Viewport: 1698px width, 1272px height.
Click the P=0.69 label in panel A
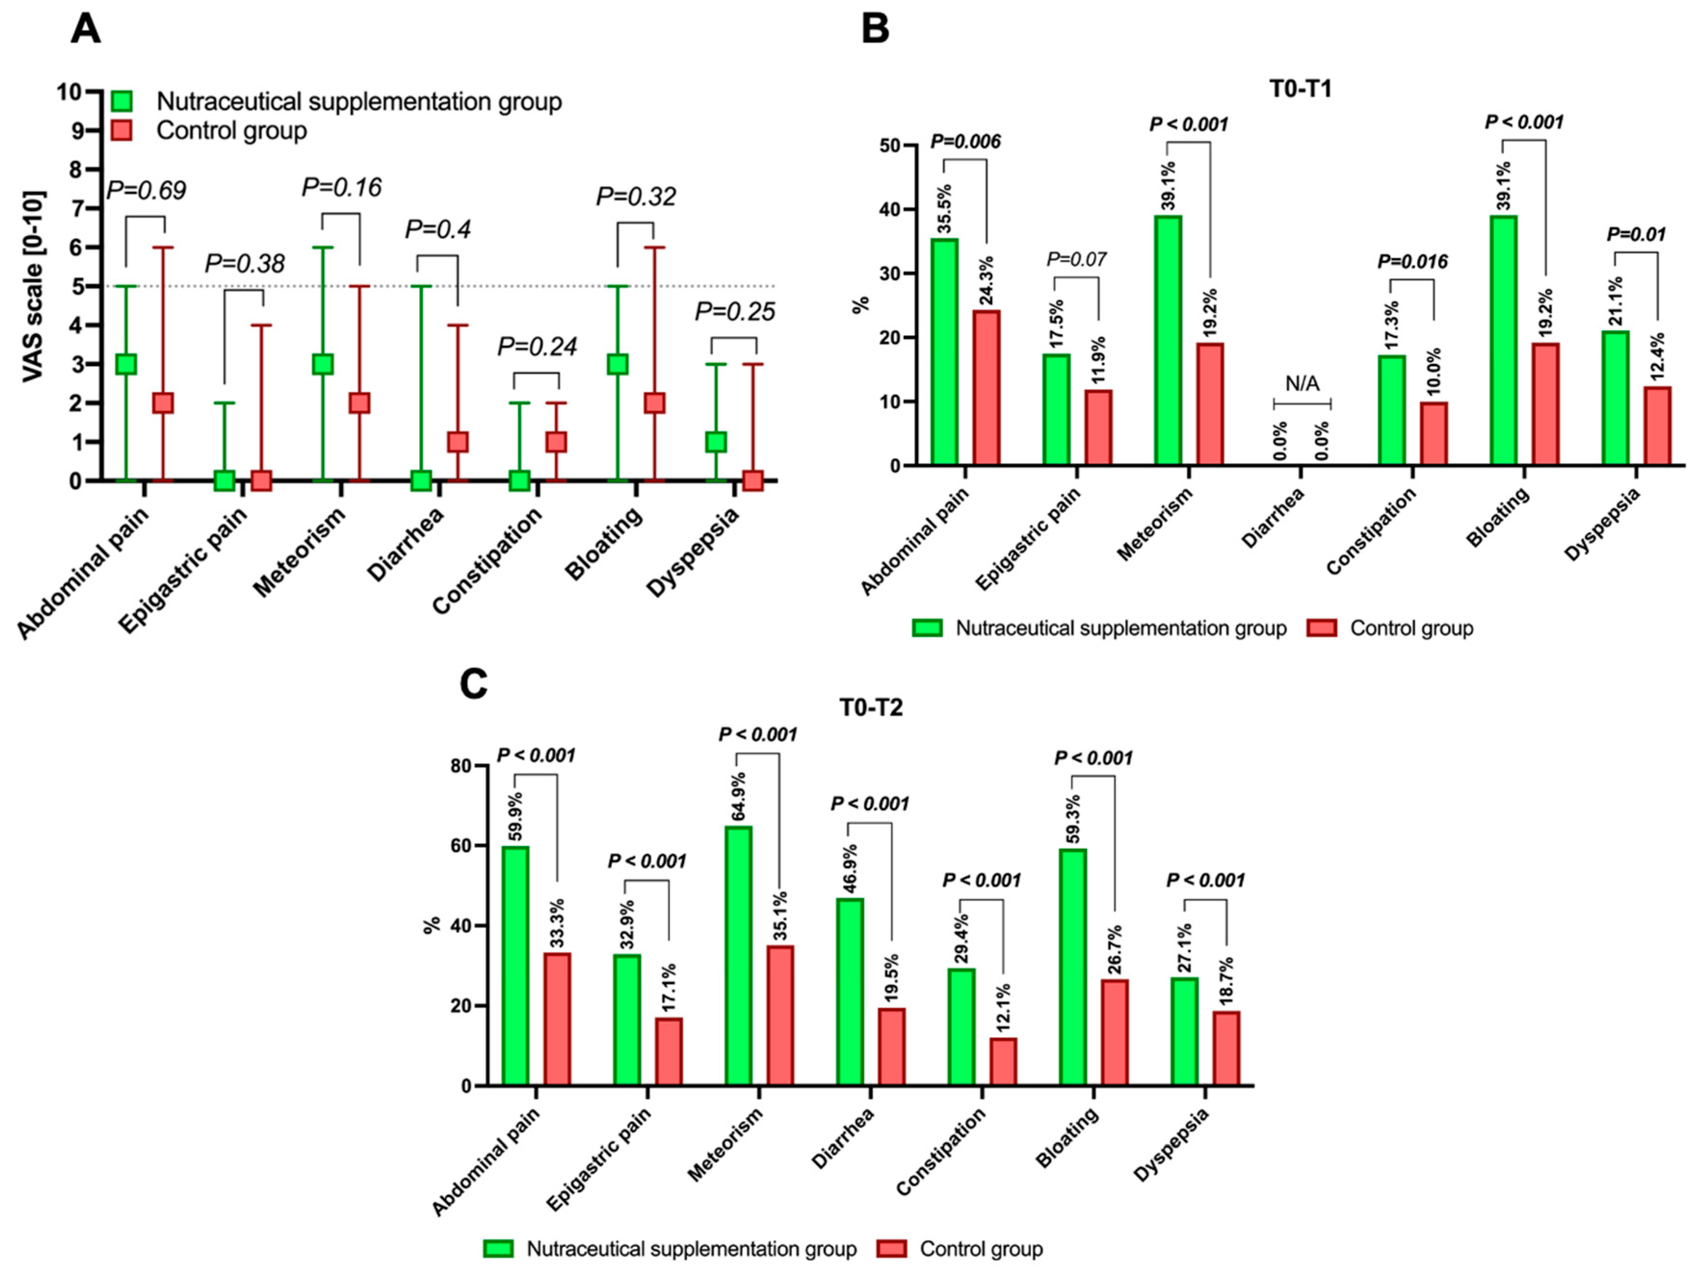click(146, 190)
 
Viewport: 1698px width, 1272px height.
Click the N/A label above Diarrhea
click(1302, 384)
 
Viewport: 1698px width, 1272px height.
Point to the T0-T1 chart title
click(1300, 89)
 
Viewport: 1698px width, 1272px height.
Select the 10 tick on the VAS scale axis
click(68, 92)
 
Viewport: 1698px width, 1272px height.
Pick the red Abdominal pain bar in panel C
click(557, 1019)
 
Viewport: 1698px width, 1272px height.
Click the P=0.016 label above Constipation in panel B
click(1412, 262)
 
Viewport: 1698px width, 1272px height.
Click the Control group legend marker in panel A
click(121, 130)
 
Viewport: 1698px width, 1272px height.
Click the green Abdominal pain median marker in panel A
click(126, 364)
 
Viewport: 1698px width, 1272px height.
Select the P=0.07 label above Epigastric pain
click(1076, 260)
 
